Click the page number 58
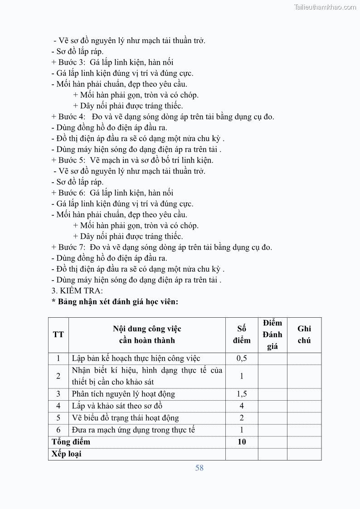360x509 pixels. [199, 468]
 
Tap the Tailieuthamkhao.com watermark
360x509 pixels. [325, 7]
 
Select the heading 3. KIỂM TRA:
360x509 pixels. [77, 291]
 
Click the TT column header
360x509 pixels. [58, 334]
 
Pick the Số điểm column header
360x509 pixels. [242, 334]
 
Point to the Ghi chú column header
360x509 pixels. [304, 334]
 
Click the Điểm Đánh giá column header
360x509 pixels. [272, 334]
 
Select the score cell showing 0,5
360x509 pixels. [242, 359]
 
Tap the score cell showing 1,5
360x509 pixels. [242, 394]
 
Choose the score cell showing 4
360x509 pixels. [242, 406]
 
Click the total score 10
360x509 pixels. [242, 441]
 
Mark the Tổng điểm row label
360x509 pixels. [71, 441]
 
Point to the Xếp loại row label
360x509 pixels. [66, 454]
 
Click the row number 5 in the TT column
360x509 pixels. [58, 418]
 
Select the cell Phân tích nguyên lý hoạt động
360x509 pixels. [123, 394]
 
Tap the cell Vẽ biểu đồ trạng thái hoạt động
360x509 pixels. [126, 418]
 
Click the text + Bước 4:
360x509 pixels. [68, 116]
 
